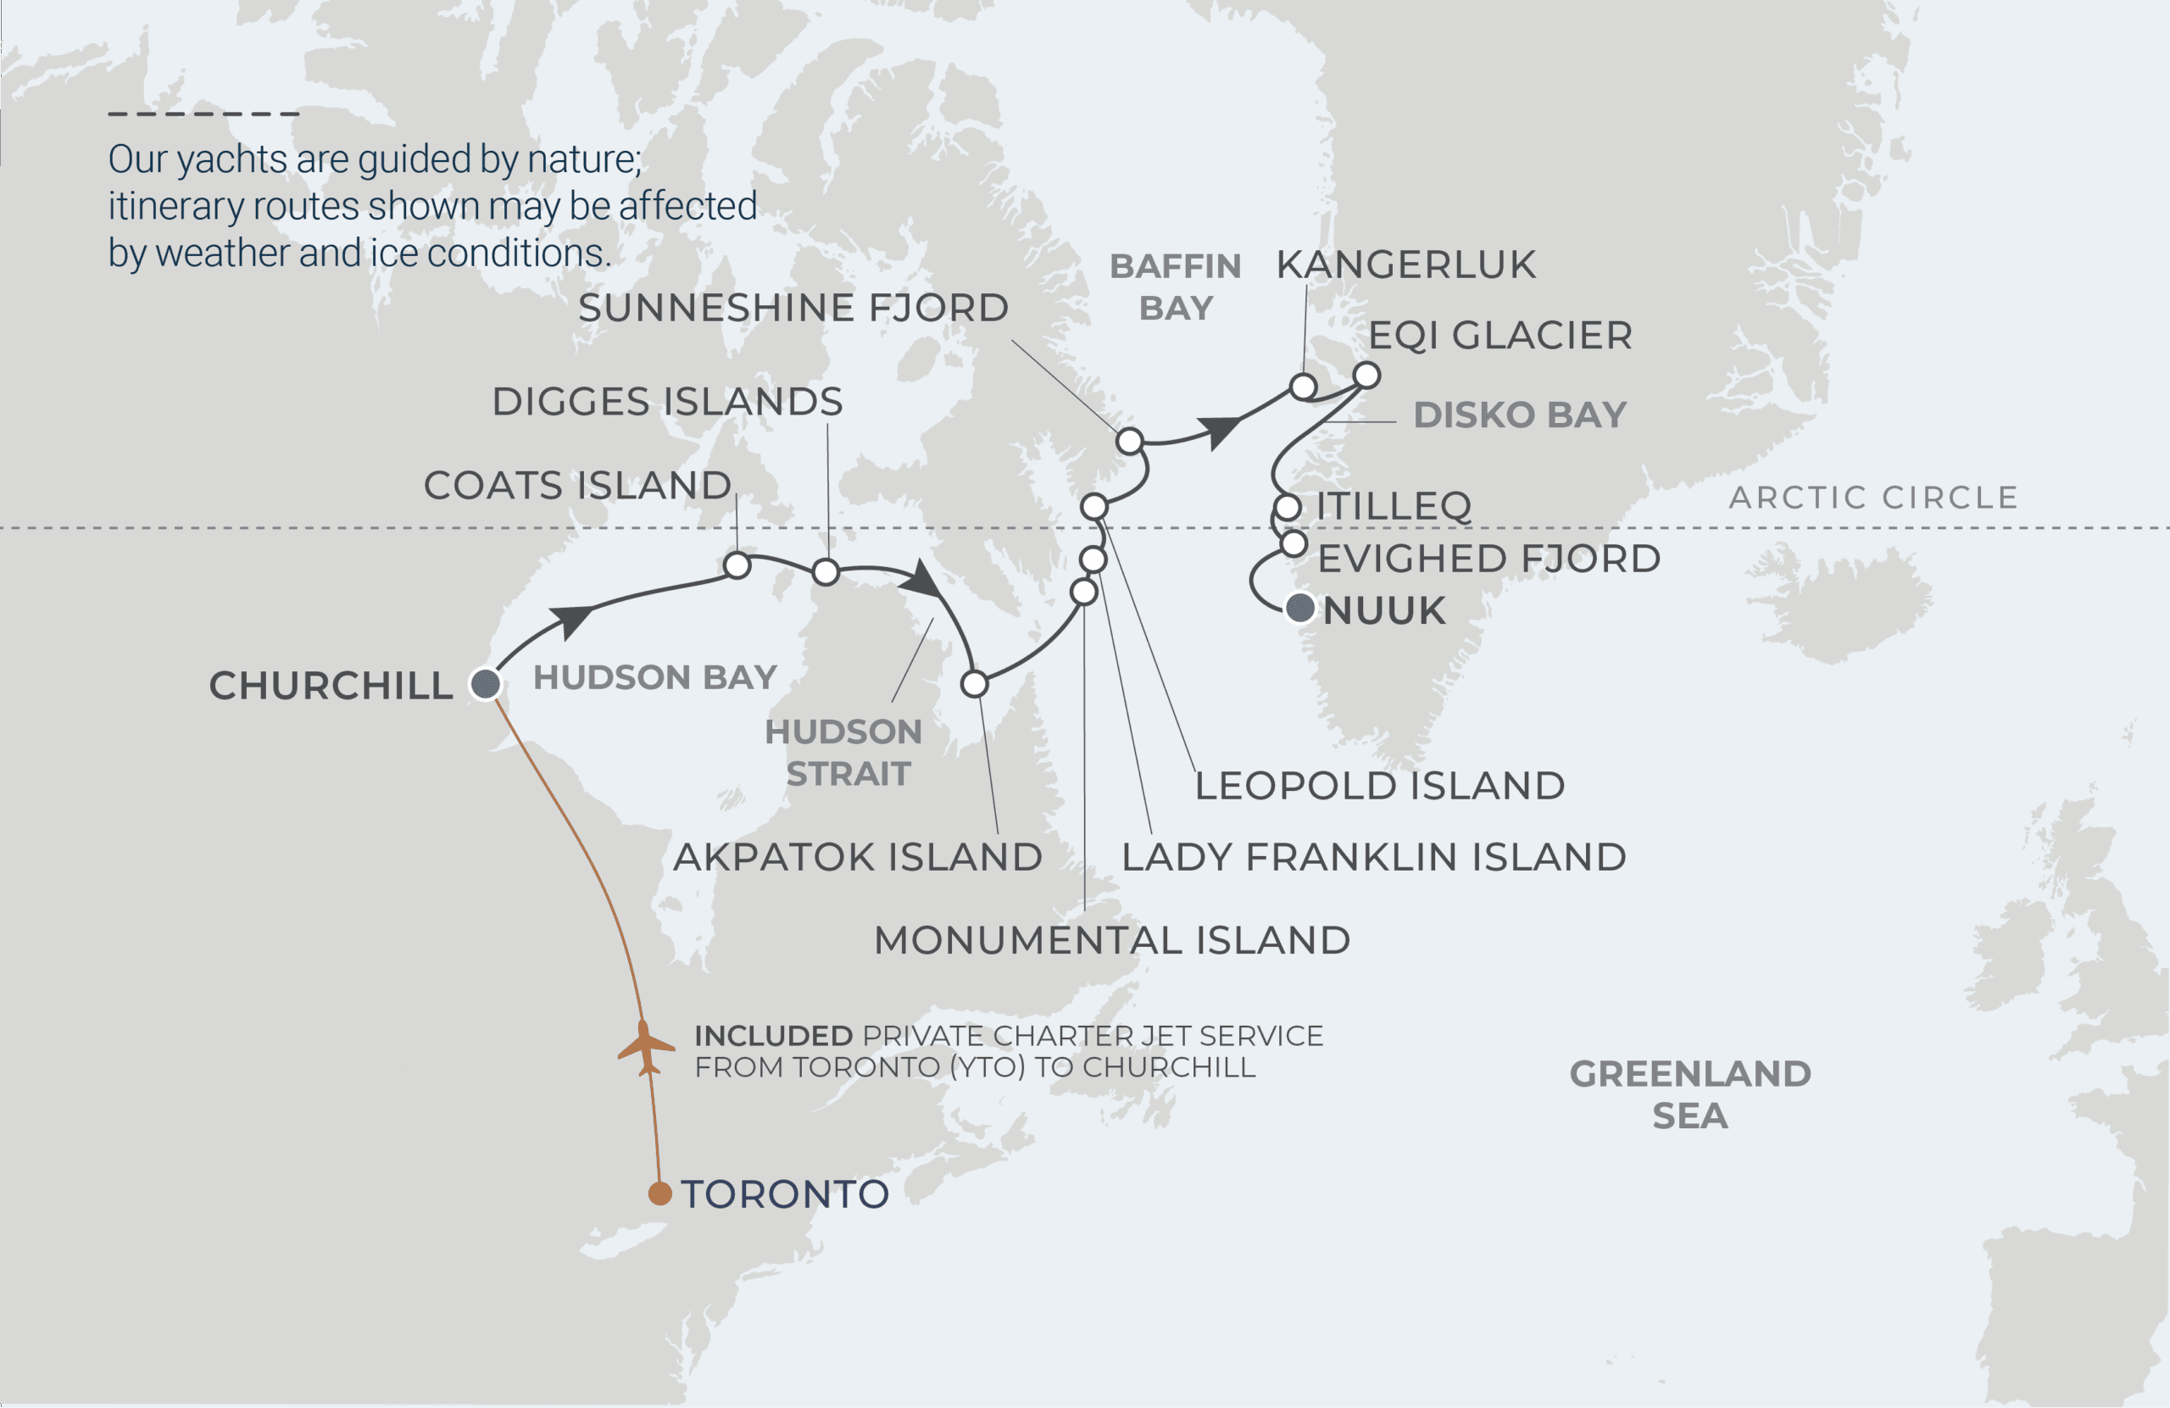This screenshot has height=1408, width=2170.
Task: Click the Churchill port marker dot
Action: tap(485, 683)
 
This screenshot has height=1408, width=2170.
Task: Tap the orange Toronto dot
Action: tap(659, 1194)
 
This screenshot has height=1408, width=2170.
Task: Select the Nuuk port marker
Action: tap(1299, 607)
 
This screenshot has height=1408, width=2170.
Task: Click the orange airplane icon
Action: tap(647, 1048)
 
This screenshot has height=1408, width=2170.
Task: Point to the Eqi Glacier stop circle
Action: tap(1366, 375)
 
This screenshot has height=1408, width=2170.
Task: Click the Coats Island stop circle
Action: tap(737, 565)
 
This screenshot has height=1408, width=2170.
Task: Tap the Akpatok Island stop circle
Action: tap(974, 683)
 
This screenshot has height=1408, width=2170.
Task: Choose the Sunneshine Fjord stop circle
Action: tap(1129, 442)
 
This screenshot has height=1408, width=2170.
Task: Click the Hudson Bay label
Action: tap(654, 677)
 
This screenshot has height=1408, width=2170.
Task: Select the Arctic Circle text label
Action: tap(1872, 498)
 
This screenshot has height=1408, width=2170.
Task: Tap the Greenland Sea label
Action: tap(1689, 1094)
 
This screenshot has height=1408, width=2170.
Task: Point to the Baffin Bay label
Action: tap(1174, 287)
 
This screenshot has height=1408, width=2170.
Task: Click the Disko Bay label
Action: tap(1519, 415)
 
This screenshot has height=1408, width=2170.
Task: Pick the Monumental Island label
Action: tap(1111, 940)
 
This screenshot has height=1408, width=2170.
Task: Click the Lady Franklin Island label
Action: tap(1373, 857)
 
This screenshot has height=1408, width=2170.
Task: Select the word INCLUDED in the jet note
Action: tap(773, 1036)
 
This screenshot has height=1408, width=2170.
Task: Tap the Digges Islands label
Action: tap(666, 402)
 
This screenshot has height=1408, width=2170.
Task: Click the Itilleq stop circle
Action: tap(1287, 507)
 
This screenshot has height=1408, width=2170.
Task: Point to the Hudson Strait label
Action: tap(843, 753)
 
